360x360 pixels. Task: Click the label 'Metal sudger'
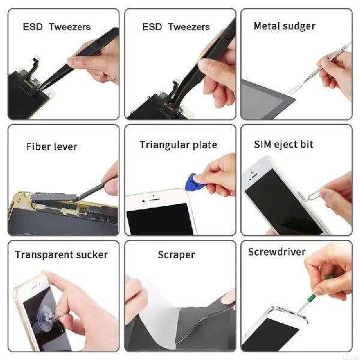(284, 26)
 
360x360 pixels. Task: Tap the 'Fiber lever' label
(52, 146)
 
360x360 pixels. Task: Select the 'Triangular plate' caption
(178, 145)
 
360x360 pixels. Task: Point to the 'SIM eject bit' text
(284, 145)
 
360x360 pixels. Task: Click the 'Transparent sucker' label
(61, 254)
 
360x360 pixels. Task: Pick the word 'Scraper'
(176, 254)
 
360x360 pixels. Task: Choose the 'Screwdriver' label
(277, 252)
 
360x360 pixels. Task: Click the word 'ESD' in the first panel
(32, 27)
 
